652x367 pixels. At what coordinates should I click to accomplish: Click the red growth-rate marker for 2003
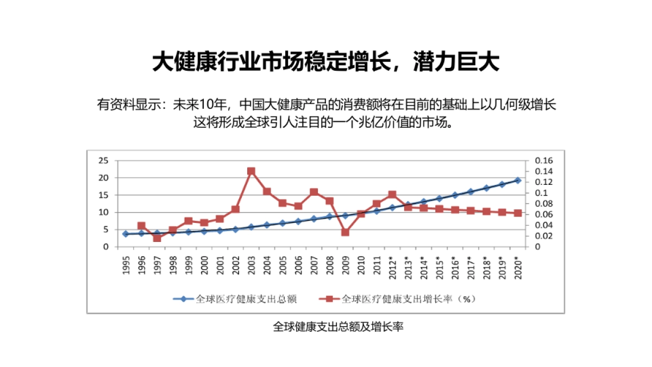click(x=251, y=171)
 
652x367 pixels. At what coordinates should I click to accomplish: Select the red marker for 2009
click(x=345, y=232)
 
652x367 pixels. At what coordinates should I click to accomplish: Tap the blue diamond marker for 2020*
click(x=517, y=180)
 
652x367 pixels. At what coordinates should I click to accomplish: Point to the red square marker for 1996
click(x=141, y=226)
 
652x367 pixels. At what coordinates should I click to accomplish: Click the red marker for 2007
click(x=314, y=192)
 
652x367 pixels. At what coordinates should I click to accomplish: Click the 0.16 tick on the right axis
click(x=543, y=160)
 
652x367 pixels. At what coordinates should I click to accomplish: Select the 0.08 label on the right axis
click(x=543, y=203)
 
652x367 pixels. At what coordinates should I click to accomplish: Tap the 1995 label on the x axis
click(x=126, y=265)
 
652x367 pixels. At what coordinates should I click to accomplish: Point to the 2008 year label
click(x=329, y=265)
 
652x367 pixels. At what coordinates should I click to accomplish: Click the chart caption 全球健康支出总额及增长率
click(x=337, y=327)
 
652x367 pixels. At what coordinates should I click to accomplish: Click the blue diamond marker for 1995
click(x=126, y=234)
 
